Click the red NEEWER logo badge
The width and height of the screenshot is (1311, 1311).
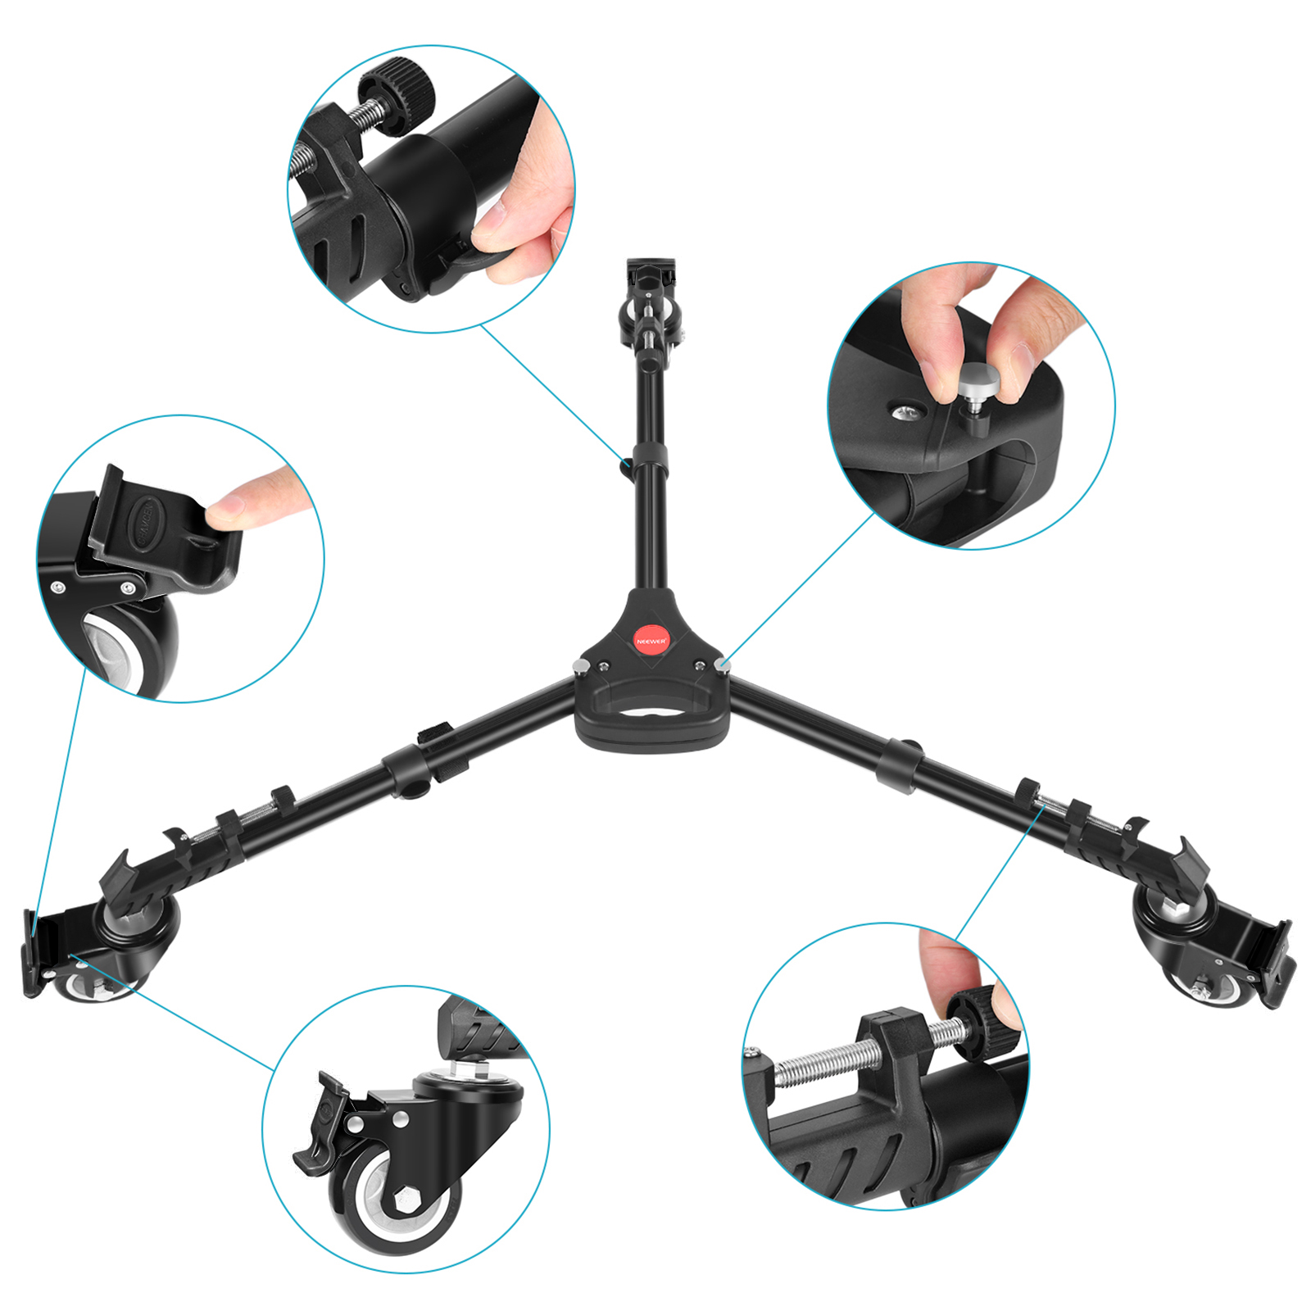pyautogui.click(x=651, y=640)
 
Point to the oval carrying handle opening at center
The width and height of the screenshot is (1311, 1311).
pyautogui.click(x=651, y=710)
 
